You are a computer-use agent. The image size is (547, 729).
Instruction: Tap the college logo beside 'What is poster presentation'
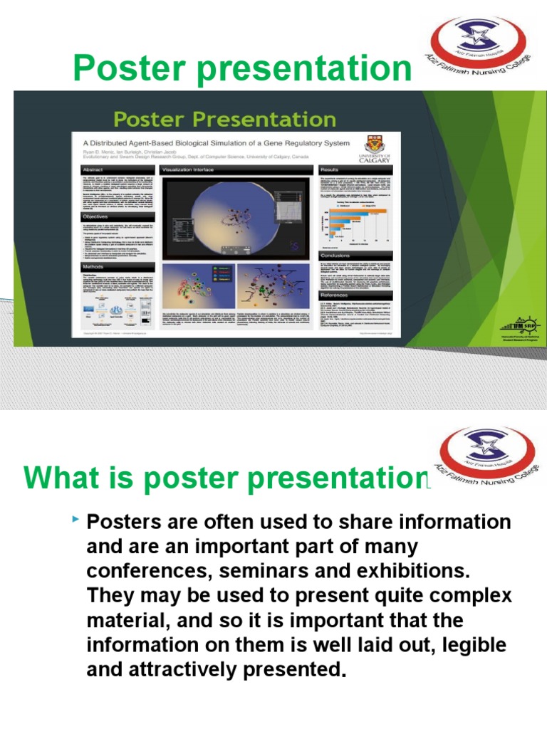[x=488, y=455]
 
